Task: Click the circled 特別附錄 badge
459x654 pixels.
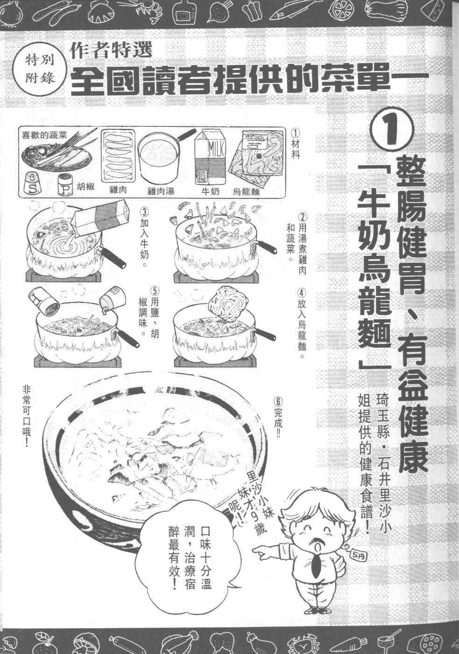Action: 40,70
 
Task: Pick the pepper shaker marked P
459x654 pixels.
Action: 65,184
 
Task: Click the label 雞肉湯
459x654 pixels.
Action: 160,191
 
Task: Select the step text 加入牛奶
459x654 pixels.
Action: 145,234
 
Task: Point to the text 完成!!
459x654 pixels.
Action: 278,413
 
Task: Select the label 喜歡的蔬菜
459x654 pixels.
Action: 45,135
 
